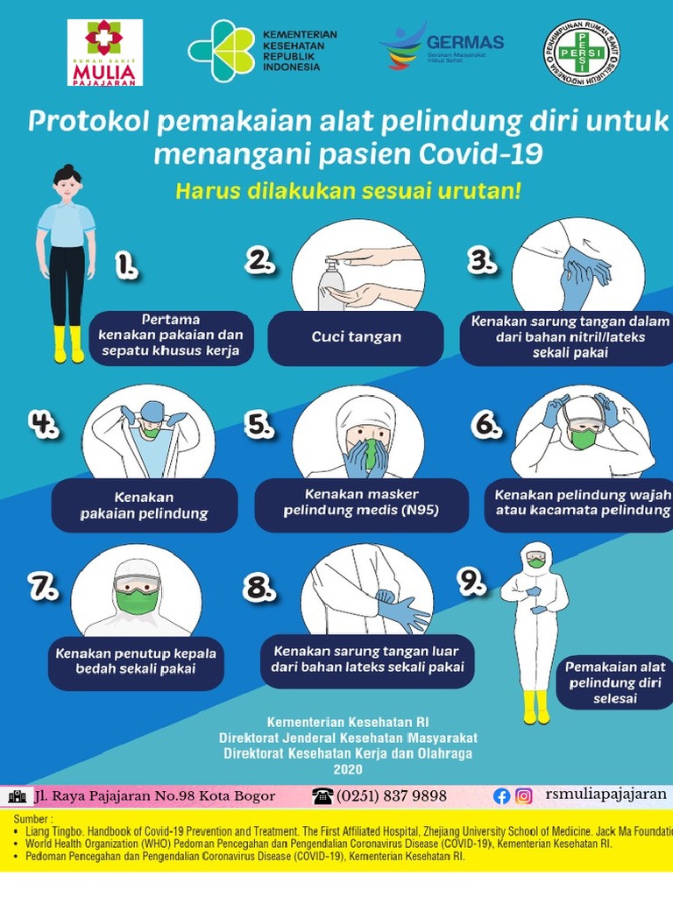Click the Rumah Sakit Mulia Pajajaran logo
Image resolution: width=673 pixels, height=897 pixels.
point(105,53)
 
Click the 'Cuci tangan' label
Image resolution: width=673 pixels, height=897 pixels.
point(356,337)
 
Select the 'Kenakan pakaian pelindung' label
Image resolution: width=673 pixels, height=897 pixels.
point(145,505)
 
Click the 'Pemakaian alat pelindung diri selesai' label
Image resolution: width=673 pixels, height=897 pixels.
point(614,683)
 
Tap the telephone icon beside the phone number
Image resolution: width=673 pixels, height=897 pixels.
point(322,795)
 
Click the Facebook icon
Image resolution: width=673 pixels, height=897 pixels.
point(502,796)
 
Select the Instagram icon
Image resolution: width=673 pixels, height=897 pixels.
point(524,796)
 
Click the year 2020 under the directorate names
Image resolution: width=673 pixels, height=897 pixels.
point(347,769)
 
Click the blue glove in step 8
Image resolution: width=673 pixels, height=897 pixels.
point(405,611)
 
